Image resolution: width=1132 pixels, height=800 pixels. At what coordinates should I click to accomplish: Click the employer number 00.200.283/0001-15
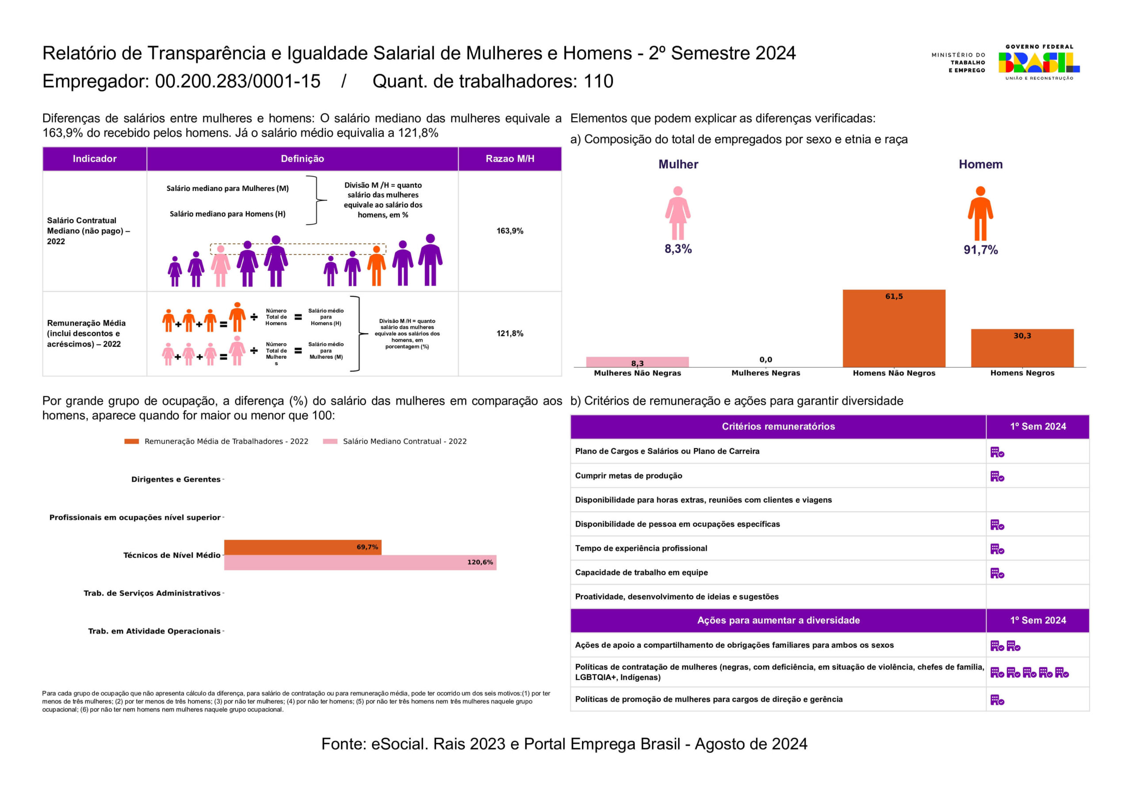click(x=237, y=81)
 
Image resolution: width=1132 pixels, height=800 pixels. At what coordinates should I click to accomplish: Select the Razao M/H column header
click(x=510, y=159)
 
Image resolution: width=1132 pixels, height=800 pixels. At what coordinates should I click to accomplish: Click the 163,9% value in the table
click(x=510, y=231)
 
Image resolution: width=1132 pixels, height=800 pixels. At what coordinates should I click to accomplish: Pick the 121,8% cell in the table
click(x=510, y=333)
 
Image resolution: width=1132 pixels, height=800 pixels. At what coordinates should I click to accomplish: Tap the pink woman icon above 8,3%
click(x=677, y=213)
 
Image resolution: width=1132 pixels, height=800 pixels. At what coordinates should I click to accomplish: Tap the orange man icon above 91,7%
click(x=980, y=214)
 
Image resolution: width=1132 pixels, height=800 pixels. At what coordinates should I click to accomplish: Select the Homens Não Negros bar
click(x=894, y=329)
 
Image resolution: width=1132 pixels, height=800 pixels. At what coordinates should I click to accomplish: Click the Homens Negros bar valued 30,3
click(x=1022, y=348)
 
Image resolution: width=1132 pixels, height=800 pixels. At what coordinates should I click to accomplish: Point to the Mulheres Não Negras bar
click(x=637, y=362)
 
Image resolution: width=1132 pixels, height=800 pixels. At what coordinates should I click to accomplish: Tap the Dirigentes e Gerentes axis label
click(x=176, y=479)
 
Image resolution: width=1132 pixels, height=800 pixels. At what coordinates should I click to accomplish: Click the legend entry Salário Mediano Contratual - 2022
click(x=404, y=441)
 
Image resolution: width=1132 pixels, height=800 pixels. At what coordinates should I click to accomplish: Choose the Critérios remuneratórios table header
click(x=778, y=427)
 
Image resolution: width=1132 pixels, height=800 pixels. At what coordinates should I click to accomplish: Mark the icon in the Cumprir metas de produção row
click(x=997, y=476)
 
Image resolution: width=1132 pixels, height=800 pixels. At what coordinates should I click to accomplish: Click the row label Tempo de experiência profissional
click(x=641, y=548)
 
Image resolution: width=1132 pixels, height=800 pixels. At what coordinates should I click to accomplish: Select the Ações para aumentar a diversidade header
click(x=778, y=620)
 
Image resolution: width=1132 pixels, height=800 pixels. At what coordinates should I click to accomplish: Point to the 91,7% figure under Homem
click(x=980, y=250)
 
